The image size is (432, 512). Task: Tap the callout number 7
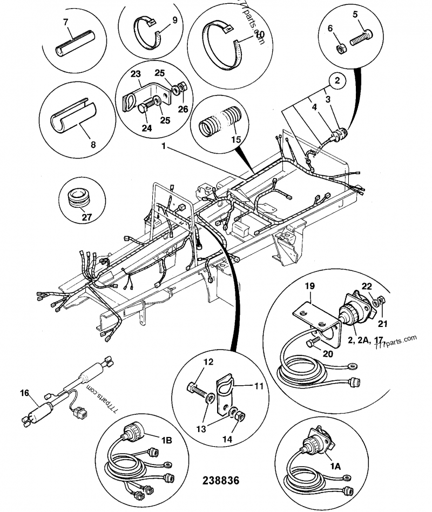pos(66,22)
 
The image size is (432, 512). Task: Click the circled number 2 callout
pos(337,81)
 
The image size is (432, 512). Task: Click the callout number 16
pos(23,394)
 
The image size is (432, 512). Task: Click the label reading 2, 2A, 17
pos(366,340)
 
